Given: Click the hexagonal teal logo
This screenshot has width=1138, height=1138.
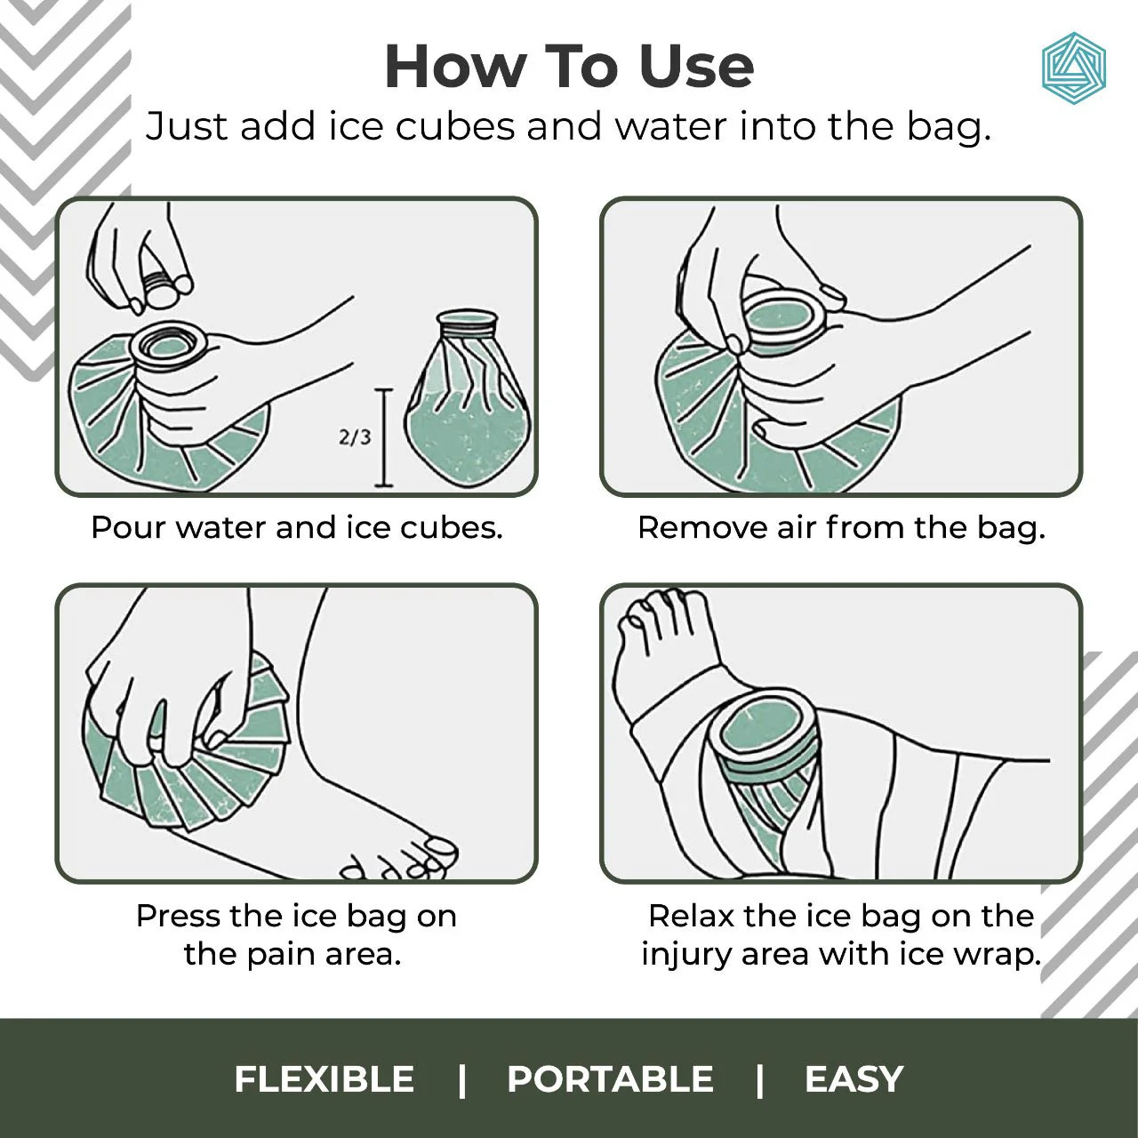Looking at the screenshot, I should pos(1073,68).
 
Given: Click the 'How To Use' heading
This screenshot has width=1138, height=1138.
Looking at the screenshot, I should pos(569,67).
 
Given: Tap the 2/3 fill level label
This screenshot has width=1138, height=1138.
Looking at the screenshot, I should pos(355,437).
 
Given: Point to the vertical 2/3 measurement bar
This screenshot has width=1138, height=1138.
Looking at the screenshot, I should pos(384,437).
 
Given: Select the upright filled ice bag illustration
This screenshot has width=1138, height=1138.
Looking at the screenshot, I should pos(467,400).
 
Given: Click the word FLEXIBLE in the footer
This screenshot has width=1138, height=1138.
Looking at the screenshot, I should pos(324,1079).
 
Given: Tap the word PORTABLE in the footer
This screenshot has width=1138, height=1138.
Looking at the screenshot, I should pos(610,1079).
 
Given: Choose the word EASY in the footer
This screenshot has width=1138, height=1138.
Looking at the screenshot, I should pos(853,1079).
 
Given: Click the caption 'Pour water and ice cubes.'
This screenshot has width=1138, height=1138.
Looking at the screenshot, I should pos(297,527).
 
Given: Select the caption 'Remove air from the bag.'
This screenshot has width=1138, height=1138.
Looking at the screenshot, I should pos(841,527).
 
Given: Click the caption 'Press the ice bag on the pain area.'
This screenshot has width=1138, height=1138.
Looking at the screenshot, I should pos(295,934).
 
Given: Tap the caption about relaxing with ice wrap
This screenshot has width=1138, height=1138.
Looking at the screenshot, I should pos(841,934).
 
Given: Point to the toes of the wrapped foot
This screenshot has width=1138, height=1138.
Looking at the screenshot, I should pos(658,613).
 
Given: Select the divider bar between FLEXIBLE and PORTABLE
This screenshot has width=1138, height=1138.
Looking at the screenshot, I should pos(461,1079).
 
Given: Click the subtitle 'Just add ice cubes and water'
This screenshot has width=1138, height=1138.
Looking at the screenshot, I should pos(569,126).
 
